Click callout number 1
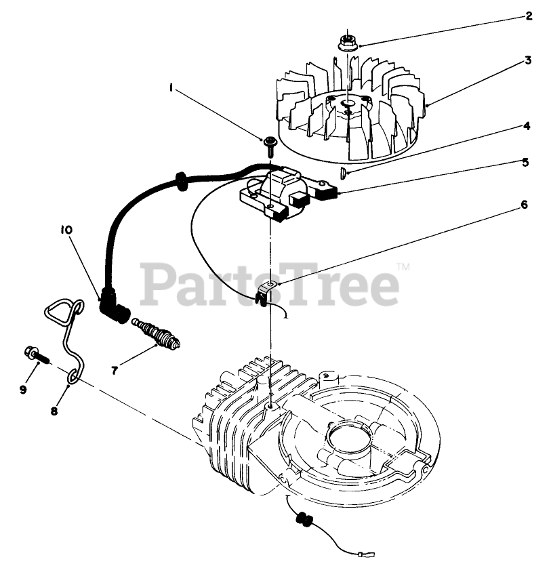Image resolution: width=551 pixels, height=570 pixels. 171,87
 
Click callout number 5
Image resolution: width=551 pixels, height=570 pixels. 525,163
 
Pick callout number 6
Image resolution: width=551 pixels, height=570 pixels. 524,204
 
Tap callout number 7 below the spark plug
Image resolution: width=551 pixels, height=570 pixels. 114,370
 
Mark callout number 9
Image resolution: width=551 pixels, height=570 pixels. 23,389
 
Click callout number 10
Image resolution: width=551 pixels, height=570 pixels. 65,230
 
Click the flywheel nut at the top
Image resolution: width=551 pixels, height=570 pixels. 347,43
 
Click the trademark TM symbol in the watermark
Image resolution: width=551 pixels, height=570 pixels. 403,267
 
